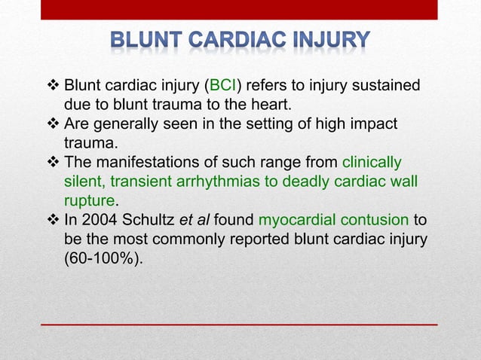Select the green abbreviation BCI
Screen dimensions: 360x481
223,85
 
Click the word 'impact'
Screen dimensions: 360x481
375,124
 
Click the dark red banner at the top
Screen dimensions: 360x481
240,9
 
